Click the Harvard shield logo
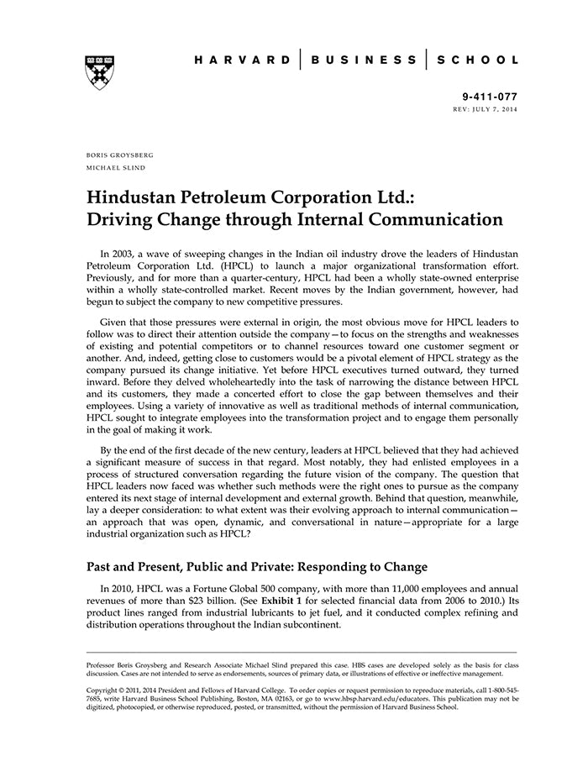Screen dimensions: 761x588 coord(100,73)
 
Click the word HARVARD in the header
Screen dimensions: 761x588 coord(242,60)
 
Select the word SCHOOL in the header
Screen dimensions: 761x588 coord(480,60)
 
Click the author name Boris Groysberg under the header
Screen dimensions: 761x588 coord(120,155)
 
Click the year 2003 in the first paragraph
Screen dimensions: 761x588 coord(129,253)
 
